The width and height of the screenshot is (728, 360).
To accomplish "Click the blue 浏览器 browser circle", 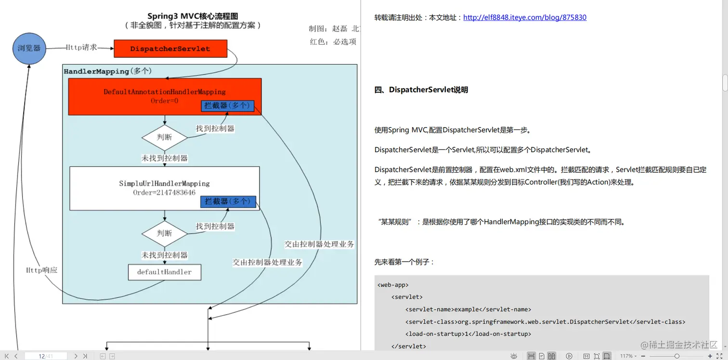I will click(x=29, y=48).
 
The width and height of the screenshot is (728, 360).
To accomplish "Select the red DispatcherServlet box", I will click(x=170, y=49).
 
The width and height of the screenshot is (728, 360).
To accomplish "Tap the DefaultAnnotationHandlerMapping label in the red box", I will click(x=165, y=91).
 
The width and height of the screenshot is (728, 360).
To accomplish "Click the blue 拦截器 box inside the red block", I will click(x=227, y=106).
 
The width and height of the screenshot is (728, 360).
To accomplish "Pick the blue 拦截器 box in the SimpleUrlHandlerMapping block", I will click(x=228, y=202).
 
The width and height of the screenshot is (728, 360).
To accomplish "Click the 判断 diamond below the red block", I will click(x=164, y=137).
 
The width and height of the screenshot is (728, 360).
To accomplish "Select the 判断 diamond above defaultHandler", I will click(x=164, y=233).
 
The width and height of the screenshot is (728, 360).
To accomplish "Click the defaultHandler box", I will click(x=164, y=272).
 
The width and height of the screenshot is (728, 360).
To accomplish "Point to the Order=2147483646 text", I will click(x=164, y=193).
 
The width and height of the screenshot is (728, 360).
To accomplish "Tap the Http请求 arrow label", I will click(x=82, y=47).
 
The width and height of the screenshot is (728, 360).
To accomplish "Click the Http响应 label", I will click(x=42, y=270).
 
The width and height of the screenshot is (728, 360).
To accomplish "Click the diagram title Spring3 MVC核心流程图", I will click(x=193, y=17).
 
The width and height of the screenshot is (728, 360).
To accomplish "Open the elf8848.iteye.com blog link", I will click(x=524, y=17).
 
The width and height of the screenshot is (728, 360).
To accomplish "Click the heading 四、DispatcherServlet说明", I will click(x=421, y=90).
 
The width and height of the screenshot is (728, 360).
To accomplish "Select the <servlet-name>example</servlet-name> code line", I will click(x=468, y=309).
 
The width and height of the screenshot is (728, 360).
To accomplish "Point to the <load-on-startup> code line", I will click(x=468, y=334).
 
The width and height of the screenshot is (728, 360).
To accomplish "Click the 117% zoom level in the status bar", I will click(x=626, y=356).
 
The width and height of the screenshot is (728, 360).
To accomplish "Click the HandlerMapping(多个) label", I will click(x=108, y=71).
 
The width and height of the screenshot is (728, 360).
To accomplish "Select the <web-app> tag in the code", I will click(x=393, y=285).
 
